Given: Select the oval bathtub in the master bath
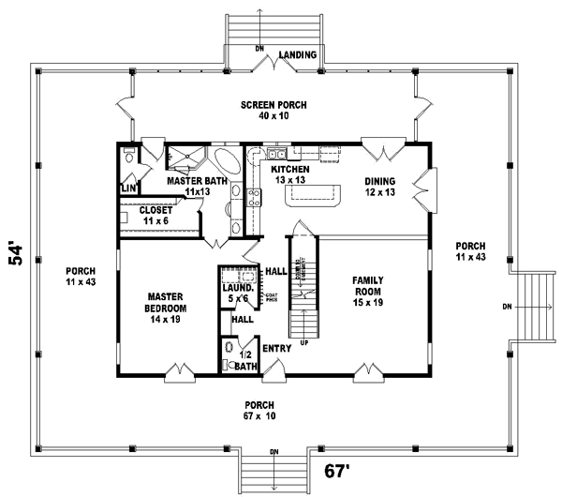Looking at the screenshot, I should point(227,158).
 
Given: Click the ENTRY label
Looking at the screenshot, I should point(278,348).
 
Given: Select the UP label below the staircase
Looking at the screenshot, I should point(304,343).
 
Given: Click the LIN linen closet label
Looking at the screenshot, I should point(128,188).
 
